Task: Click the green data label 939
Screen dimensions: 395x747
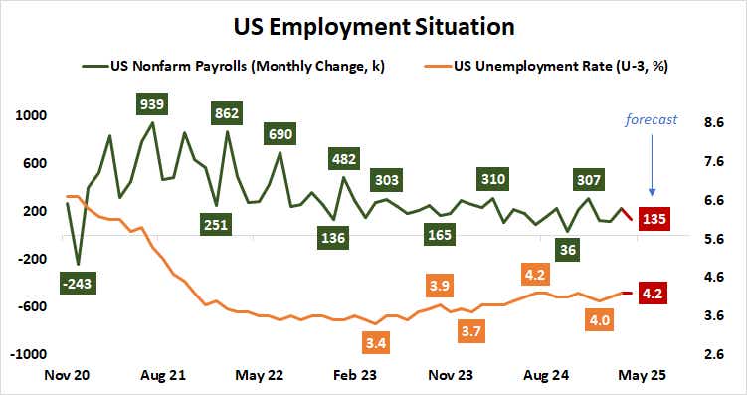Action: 151,104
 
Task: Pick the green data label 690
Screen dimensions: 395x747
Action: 280,133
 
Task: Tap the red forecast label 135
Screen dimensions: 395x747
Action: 654,218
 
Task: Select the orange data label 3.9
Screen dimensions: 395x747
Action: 439,286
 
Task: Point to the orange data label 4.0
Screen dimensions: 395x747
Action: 599,319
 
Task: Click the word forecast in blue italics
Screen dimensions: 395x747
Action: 652,119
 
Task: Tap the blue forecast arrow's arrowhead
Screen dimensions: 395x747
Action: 653,191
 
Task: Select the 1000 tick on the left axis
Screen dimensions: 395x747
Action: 32,115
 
